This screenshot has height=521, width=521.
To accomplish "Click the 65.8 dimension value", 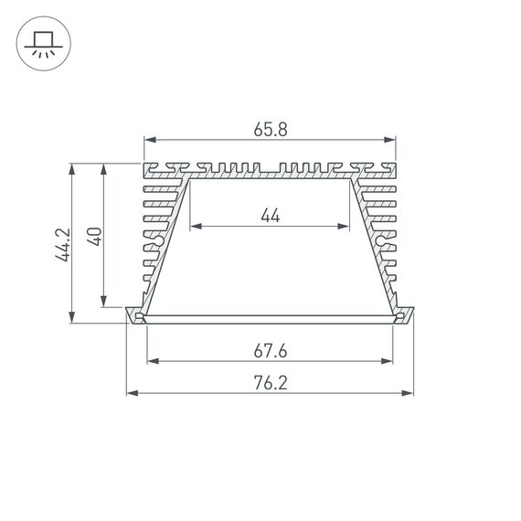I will (x=270, y=130).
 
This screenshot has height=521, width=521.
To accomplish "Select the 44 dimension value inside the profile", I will (x=270, y=216).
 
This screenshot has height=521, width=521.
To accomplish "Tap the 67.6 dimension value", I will (x=270, y=350).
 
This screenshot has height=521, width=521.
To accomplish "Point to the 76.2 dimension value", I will (x=270, y=383).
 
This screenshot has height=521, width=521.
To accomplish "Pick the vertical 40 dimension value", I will (x=93, y=235).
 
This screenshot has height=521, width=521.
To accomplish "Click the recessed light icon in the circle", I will (x=43, y=43).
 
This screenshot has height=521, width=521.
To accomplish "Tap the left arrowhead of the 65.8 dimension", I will (x=149, y=140).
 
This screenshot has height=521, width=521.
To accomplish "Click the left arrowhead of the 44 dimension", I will (x=195, y=226).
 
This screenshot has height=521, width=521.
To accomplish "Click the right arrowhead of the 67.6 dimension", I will (x=390, y=360).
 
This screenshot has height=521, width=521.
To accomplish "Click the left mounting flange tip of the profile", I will (x=129, y=311).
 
